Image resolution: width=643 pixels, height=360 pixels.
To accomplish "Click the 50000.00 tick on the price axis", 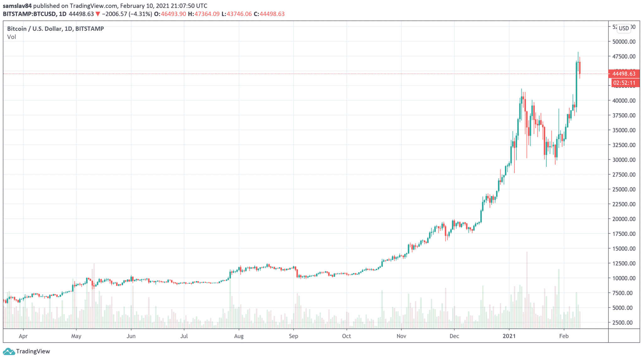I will (x=624, y=41).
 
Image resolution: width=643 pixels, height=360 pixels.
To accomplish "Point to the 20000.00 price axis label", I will (x=624, y=219).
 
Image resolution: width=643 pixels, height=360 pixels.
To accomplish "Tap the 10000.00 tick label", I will (x=624, y=278).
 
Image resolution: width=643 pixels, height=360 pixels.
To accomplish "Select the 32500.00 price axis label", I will (x=624, y=145).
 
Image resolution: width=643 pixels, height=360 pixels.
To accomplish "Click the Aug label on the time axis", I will (x=239, y=336).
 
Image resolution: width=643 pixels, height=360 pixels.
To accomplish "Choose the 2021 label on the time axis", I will (x=509, y=336).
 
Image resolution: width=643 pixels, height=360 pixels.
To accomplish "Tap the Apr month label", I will (x=23, y=336).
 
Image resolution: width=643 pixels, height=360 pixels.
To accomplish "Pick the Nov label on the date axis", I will (x=401, y=336).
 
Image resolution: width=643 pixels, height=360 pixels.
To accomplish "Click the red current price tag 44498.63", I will (x=624, y=74).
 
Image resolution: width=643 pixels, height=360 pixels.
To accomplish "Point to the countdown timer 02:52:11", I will (x=624, y=83).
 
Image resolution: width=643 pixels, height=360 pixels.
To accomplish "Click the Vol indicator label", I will (x=12, y=37).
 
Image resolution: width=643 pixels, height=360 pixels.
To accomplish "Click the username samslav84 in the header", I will (x=17, y=6).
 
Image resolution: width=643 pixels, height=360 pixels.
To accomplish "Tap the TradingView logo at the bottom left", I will (x=26, y=351).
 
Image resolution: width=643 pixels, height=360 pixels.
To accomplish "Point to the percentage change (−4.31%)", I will (x=141, y=14).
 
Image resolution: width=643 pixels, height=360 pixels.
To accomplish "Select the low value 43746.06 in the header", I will (x=239, y=14).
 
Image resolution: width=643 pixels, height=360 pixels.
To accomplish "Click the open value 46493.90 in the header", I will (x=173, y=14).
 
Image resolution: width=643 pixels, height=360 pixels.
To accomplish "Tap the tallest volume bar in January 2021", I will (x=527, y=289).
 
